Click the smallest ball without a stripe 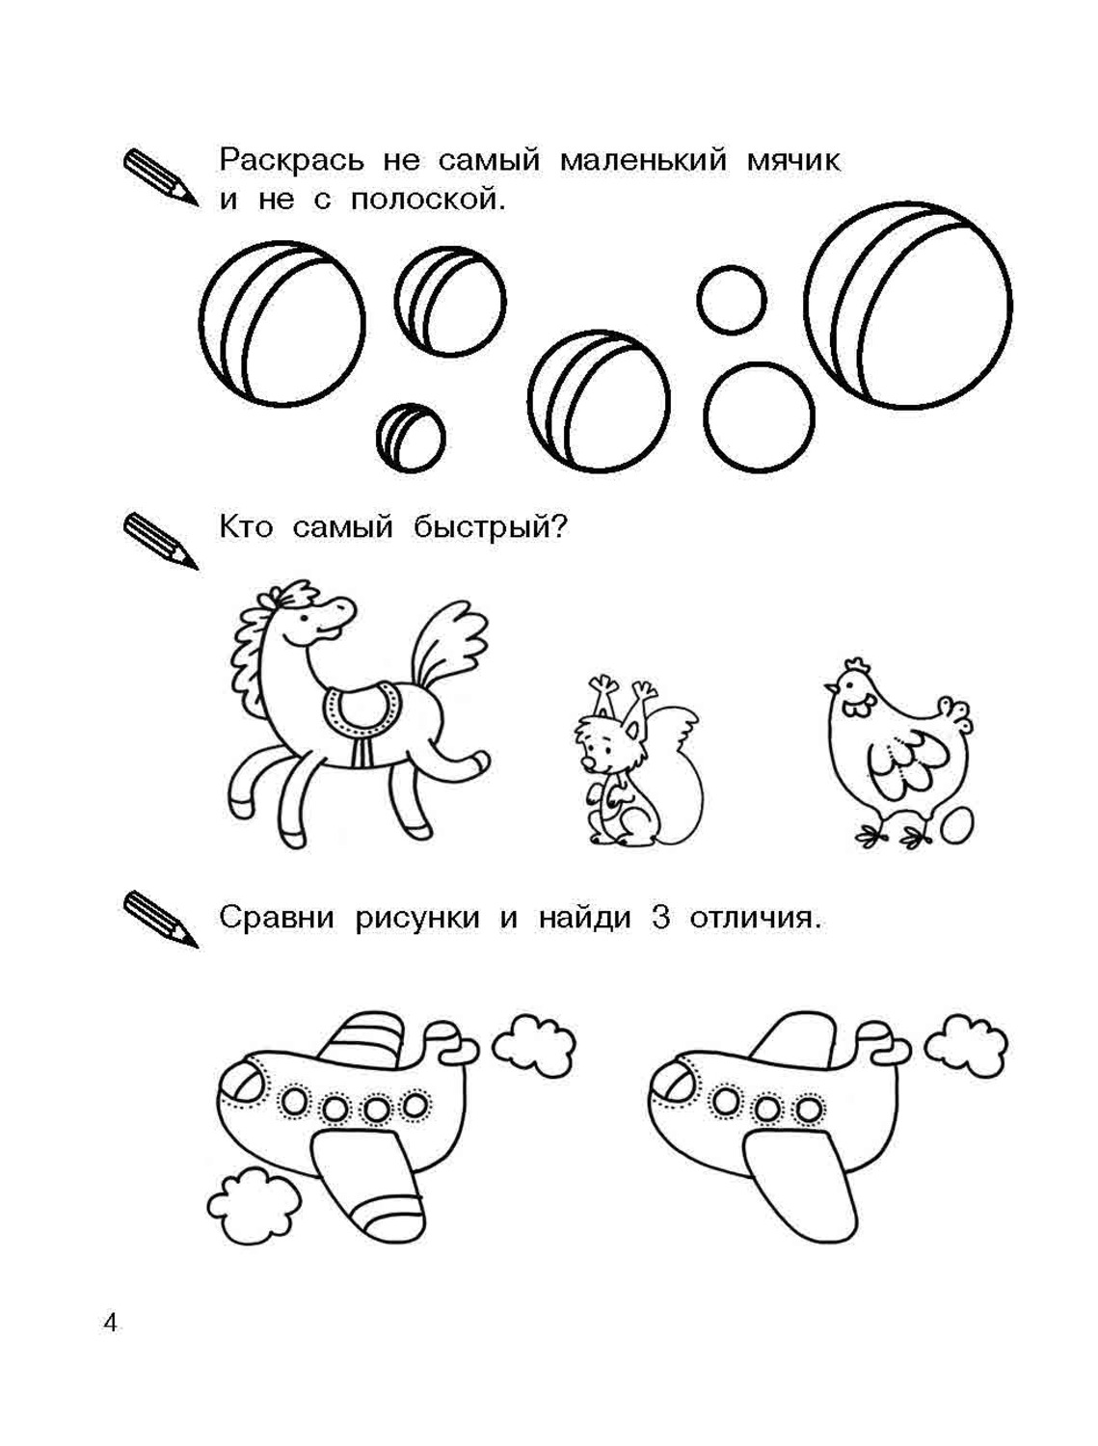[731, 300]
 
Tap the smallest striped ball [411, 438]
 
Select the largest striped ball [908, 305]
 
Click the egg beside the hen [956, 826]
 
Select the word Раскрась [291, 160]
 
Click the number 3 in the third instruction [660, 917]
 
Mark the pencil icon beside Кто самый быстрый [161, 542]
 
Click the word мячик [793, 161]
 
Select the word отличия [756, 918]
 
